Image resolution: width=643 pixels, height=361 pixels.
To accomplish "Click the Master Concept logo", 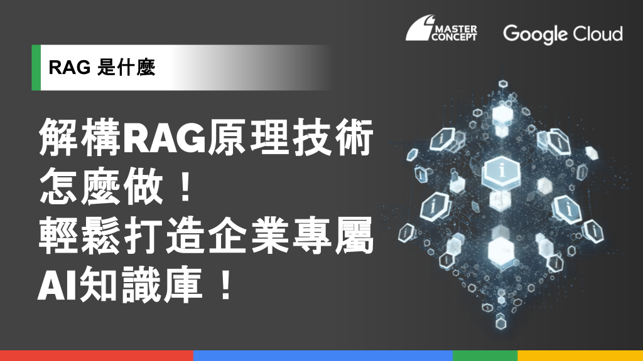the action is point(441,28).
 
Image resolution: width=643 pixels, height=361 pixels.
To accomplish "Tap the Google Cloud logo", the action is point(563,34).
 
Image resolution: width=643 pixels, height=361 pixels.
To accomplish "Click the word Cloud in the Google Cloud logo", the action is point(598,33).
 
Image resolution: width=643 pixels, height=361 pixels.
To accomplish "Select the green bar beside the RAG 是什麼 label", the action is point(36,68).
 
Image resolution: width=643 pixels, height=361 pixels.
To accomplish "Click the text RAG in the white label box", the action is point(69,68).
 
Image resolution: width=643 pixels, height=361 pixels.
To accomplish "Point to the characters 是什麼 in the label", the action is point(126,68).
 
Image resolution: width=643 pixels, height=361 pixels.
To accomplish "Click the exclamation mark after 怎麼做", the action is point(186,186).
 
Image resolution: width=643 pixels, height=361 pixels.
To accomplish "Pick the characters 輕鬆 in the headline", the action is point(80,236).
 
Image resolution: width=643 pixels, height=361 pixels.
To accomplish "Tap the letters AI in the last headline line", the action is point(58,285).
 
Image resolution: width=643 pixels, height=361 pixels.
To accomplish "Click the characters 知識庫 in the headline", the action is point(141,285).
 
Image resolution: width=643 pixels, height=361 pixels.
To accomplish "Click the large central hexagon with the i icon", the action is point(501,172).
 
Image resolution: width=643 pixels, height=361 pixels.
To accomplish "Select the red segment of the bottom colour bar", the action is point(97,356).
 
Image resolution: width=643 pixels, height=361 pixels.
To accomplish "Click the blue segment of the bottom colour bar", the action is point(323,356).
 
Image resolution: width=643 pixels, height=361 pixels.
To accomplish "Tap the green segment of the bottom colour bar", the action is point(485,356).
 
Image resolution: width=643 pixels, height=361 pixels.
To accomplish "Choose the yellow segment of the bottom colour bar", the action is point(580,356).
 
